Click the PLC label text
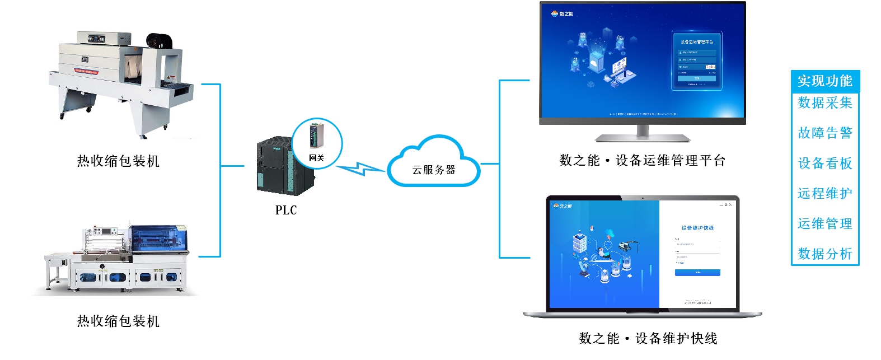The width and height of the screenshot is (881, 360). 285,211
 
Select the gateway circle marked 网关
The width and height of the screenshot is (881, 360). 317,143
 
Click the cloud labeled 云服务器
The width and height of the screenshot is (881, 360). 434,165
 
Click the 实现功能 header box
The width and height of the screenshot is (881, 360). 824,81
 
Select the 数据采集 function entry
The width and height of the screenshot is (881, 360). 824,103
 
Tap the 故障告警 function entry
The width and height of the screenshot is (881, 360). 824,133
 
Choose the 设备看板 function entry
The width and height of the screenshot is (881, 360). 824,163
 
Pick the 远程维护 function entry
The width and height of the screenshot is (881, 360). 824,194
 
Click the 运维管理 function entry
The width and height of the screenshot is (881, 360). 824,224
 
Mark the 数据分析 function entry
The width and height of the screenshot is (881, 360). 824,254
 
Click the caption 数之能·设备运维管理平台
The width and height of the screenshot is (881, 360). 642,161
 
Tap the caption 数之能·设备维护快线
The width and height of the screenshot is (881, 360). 648,339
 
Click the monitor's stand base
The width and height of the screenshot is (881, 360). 642,137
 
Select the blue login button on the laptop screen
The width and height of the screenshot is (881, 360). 697,273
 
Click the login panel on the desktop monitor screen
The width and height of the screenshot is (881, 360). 697,61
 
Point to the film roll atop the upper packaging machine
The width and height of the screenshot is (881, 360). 159,41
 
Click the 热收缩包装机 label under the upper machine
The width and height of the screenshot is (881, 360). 118,162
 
